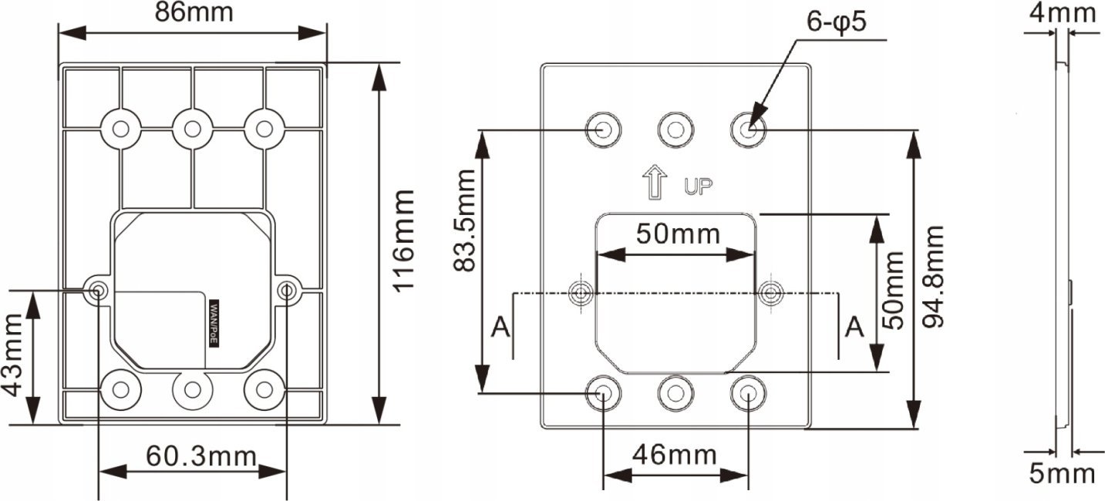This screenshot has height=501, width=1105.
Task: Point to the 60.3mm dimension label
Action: (201, 456)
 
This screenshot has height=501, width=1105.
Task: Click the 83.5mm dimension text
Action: (463, 220)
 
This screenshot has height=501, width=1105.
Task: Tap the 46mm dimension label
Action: (675, 455)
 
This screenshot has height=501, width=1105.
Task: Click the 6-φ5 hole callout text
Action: (836, 22)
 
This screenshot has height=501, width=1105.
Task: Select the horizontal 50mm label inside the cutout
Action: (678, 234)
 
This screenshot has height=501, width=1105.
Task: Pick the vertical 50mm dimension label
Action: (893, 291)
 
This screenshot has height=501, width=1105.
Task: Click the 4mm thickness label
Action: (1062, 13)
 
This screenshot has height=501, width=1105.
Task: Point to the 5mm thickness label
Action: (1062, 473)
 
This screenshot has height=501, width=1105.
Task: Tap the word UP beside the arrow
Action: (698, 186)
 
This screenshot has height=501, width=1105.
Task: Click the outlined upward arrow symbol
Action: (655, 182)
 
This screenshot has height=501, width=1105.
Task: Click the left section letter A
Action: (500, 327)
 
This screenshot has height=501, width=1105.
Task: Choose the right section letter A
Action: (854, 327)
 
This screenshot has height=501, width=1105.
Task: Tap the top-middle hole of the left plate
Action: (192, 129)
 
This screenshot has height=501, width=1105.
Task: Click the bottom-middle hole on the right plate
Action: (675, 393)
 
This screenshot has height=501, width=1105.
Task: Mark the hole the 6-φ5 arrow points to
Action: (748, 129)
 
